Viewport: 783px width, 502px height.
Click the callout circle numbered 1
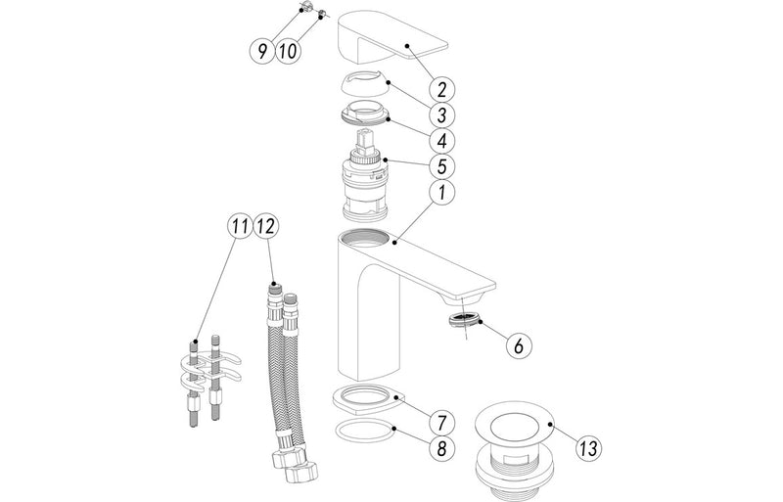coord(441,193)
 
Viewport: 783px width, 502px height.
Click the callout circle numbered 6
coord(518,343)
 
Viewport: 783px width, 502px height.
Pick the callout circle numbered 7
coord(441,423)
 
